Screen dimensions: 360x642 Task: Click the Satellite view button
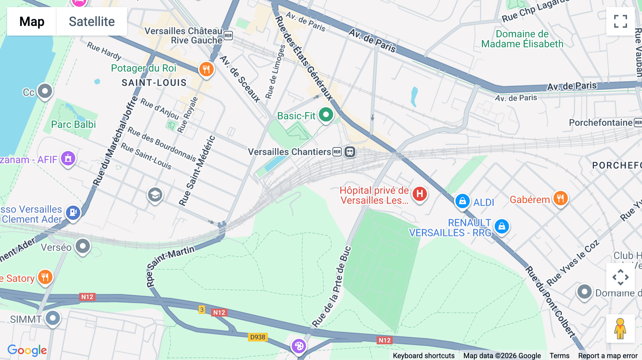(x=92, y=21)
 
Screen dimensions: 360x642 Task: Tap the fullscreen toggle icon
(x=620, y=21)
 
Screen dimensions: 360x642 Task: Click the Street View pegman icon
(x=620, y=329)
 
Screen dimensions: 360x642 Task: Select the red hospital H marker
(x=420, y=194)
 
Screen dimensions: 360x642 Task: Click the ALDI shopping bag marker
(x=462, y=201)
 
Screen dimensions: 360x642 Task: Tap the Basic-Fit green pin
(x=326, y=115)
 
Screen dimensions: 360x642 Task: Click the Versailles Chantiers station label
(x=290, y=152)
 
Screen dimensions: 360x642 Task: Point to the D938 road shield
(x=258, y=337)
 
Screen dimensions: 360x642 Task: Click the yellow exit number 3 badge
(x=202, y=309)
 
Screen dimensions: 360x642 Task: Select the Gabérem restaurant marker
(x=560, y=198)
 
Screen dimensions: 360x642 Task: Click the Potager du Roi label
(x=144, y=68)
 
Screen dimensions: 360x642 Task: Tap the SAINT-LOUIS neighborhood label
(x=154, y=83)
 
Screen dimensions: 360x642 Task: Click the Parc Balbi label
(x=73, y=124)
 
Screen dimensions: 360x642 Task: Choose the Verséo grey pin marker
(x=83, y=246)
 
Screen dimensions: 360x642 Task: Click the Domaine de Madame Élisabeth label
(x=522, y=39)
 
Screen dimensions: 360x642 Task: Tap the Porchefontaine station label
(x=601, y=123)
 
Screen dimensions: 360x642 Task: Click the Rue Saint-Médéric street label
(x=197, y=171)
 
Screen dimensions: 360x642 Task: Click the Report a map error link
(x=608, y=356)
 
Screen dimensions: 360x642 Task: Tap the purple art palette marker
(x=299, y=346)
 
